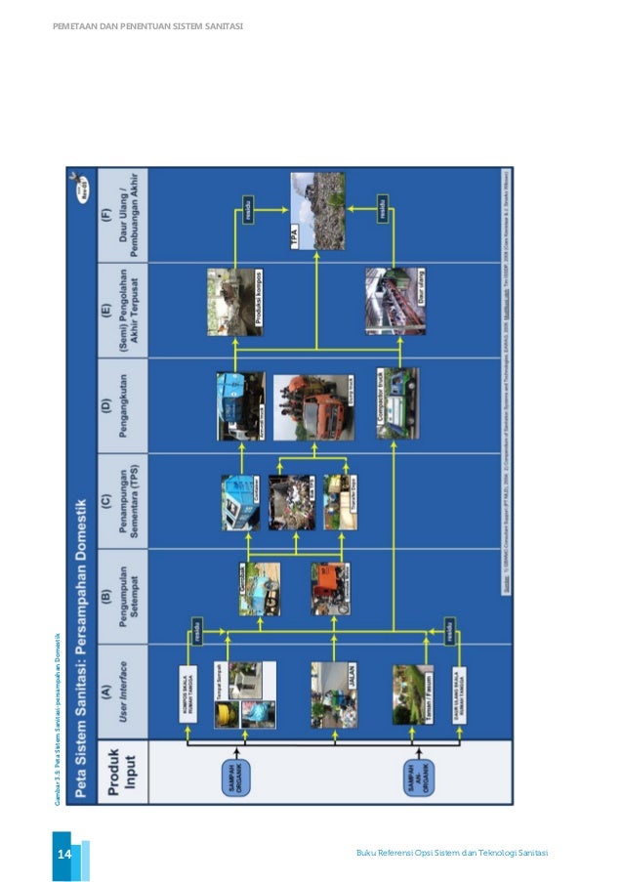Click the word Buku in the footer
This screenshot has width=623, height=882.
[x=367, y=855]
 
